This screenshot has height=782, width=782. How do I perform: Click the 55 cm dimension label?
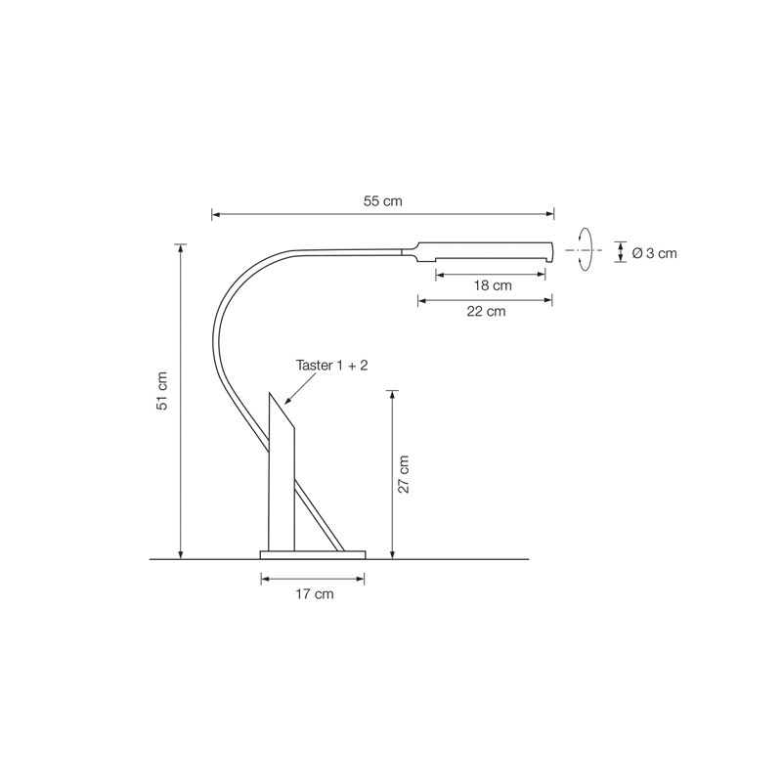coord(382,201)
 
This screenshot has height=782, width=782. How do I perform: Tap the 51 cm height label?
coord(162,390)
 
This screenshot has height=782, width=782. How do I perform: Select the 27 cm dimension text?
coord(403,474)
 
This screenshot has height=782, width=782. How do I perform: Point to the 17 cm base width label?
coord(314,594)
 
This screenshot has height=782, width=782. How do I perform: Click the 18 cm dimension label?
coord(493,285)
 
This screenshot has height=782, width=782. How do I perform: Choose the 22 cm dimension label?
coord(486,311)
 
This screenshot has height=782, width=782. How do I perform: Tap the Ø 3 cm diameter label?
coord(654,253)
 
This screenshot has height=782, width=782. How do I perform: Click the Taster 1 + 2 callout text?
coord(331,365)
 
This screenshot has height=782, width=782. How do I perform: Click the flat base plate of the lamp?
coord(313,555)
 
